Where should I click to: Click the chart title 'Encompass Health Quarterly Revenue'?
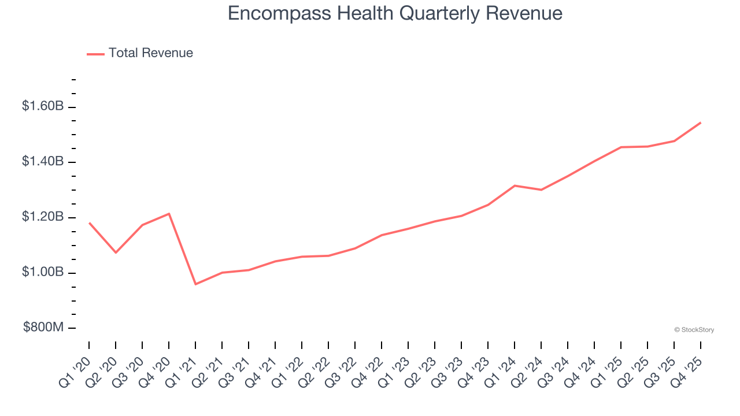[x=395, y=13]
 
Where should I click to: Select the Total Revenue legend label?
[x=150, y=53]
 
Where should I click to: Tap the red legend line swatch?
[x=95, y=54]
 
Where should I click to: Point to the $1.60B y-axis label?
[x=43, y=106]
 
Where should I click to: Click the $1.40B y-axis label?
[x=43, y=162]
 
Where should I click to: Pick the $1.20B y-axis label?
[x=43, y=217]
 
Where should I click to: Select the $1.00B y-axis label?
[x=43, y=272]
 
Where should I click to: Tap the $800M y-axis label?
[x=43, y=328]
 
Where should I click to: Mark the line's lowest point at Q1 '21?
[x=195, y=284]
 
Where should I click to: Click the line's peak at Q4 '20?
[x=169, y=214]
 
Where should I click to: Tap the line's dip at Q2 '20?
[x=116, y=252]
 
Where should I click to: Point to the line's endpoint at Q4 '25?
[x=701, y=122]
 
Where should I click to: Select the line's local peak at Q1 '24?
[x=515, y=185]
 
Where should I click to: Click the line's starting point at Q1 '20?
[x=89, y=222]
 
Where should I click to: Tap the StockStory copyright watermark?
[x=694, y=330]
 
